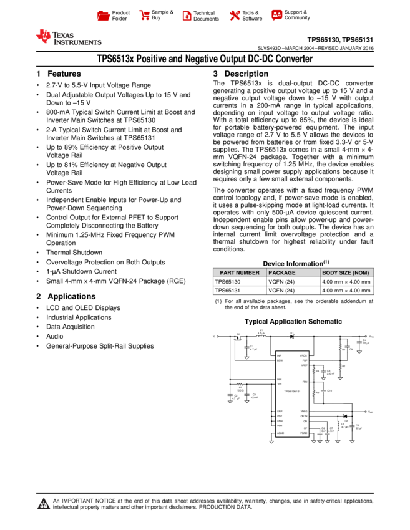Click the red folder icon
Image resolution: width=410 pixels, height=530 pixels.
click(104, 16)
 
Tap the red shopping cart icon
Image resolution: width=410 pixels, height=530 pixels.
click(145, 16)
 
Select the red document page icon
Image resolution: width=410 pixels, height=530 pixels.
click(187, 16)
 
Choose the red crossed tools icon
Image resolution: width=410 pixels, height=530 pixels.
click(235, 16)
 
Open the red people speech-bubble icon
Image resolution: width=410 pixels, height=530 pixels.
click(277, 15)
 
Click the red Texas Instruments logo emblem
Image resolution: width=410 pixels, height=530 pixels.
click(43, 36)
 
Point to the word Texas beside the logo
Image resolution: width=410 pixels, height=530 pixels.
click(63, 34)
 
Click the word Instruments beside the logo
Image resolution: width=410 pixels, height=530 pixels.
click(77, 42)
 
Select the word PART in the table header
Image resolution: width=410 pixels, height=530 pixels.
click(227, 273)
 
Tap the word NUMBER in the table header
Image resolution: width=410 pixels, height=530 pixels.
click(247, 273)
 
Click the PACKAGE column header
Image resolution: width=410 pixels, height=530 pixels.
click(282, 273)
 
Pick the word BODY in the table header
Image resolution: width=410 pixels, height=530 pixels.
click(329, 273)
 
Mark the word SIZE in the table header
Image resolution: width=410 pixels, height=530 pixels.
click(345, 273)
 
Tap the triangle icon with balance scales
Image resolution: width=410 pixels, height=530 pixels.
click(44, 504)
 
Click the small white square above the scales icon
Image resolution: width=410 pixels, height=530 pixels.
click(36, 489)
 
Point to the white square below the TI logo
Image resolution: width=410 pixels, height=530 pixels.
click(36, 87)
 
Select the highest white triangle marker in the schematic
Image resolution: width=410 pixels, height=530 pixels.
click(359, 352)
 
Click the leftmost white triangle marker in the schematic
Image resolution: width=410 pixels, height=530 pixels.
click(230, 402)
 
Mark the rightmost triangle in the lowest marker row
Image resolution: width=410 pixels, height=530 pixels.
click(352, 442)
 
